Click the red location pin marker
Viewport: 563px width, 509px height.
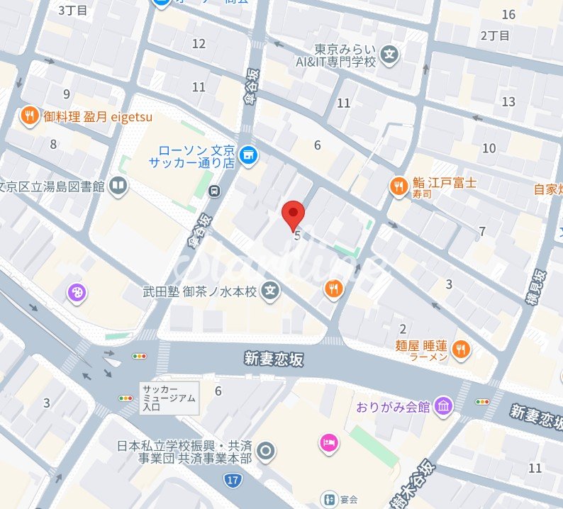point(294,213)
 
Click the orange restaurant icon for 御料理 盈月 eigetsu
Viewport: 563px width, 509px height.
point(29,116)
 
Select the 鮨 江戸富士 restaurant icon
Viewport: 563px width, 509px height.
point(398,186)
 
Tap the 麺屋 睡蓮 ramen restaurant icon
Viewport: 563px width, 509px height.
point(461,348)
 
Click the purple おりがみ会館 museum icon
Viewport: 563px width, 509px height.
point(444,406)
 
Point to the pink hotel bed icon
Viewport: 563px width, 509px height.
point(329,443)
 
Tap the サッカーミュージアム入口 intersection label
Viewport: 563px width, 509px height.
point(168,398)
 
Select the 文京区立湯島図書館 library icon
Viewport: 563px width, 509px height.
point(119,186)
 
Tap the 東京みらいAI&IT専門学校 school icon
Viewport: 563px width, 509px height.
point(389,54)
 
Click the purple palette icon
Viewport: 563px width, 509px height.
point(78,291)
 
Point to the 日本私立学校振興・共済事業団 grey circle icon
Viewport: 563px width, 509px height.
point(266,450)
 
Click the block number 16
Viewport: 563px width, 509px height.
point(508,14)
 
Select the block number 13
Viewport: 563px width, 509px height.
point(508,102)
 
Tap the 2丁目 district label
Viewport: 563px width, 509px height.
point(495,35)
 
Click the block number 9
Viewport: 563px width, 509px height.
point(67,94)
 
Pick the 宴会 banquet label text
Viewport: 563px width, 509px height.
point(347,499)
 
